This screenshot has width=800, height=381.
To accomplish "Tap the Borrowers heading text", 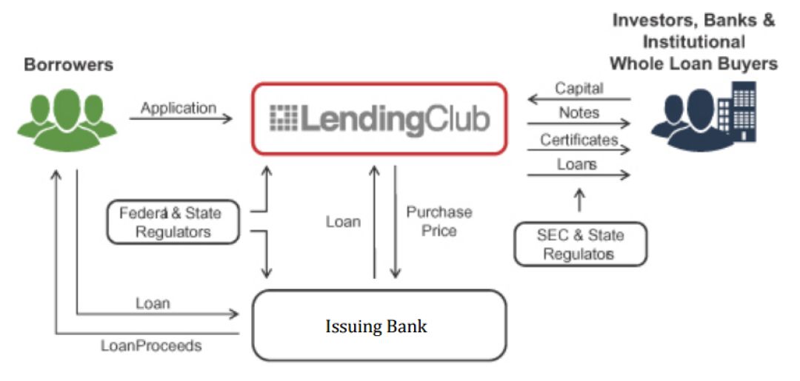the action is (x=69, y=65).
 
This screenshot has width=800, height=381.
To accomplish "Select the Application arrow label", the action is (x=179, y=108).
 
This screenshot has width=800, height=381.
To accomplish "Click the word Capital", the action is (x=579, y=88).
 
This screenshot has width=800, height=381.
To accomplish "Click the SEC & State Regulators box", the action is (x=580, y=244).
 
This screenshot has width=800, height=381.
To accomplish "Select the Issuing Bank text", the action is (x=376, y=326).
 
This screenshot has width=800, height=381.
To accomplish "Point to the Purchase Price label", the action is (x=439, y=221).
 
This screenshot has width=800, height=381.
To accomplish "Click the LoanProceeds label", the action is (x=151, y=345).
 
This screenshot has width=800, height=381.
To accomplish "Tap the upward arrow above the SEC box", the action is (x=580, y=202).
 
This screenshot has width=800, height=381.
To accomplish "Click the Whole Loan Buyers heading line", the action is (x=694, y=64).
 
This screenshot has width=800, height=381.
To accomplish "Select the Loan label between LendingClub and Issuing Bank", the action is (x=343, y=221).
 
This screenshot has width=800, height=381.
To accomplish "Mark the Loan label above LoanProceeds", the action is (x=153, y=303).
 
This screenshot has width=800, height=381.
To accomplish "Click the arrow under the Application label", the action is (x=180, y=118).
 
